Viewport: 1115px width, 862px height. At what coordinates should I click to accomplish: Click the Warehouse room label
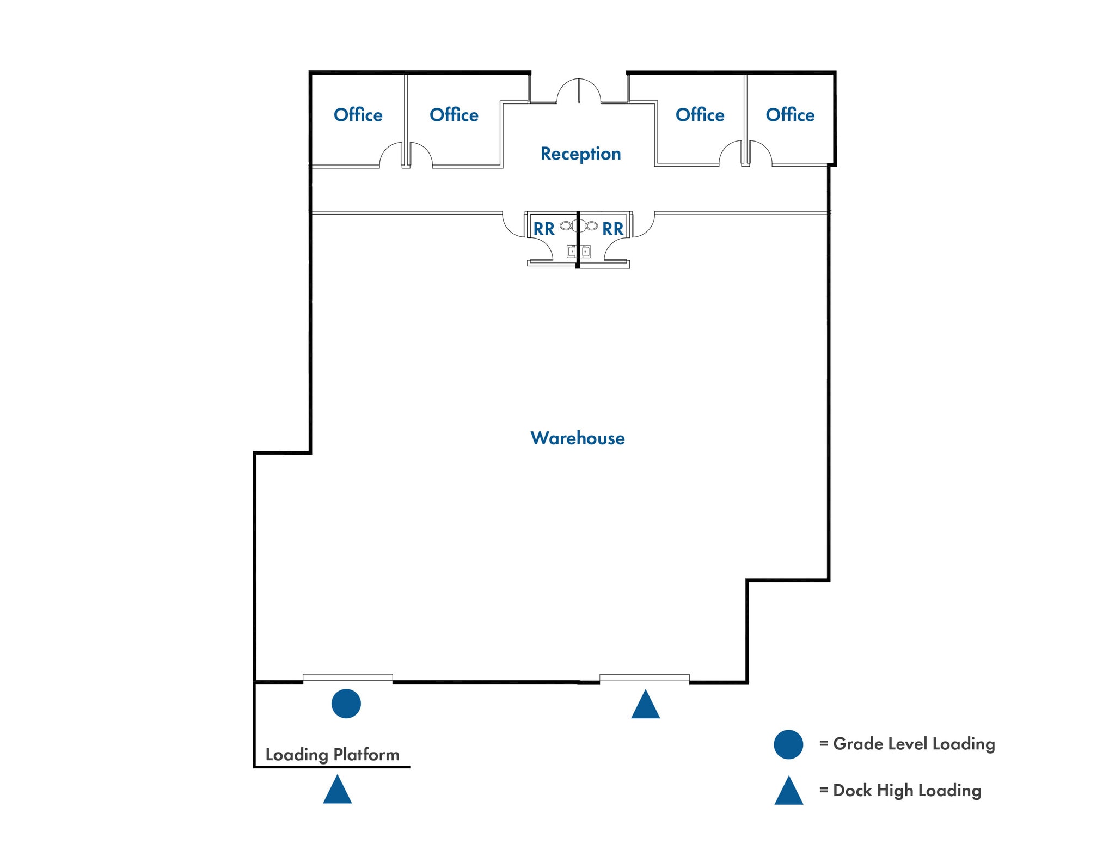point(577,438)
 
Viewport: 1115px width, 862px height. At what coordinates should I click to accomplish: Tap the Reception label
point(580,154)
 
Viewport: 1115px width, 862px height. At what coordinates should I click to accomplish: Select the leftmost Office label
point(358,115)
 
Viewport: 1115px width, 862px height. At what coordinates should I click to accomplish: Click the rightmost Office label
point(789,115)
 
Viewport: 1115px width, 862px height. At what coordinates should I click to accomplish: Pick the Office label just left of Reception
point(454,115)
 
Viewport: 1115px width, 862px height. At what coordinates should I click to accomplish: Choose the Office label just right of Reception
point(700,115)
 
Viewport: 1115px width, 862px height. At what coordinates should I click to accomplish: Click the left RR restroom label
point(543,229)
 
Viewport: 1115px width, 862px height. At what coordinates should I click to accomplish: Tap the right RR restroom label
point(612,229)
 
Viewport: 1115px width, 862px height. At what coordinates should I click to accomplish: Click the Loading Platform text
point(332,755)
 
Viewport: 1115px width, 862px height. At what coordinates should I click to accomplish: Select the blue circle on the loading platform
point(346,704)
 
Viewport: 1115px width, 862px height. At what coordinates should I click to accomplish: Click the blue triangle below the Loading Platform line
point(337,791)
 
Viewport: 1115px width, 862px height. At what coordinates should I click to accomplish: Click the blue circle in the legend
point(788,744)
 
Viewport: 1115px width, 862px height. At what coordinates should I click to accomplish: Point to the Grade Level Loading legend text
point(914,744)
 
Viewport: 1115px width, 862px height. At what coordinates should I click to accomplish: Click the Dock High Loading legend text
point(906,791)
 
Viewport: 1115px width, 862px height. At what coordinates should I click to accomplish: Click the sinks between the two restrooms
point(578,252)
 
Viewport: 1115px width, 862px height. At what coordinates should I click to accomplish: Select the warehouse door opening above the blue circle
point(347,678)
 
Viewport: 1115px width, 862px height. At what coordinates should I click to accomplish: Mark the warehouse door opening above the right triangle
point(644,678)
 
